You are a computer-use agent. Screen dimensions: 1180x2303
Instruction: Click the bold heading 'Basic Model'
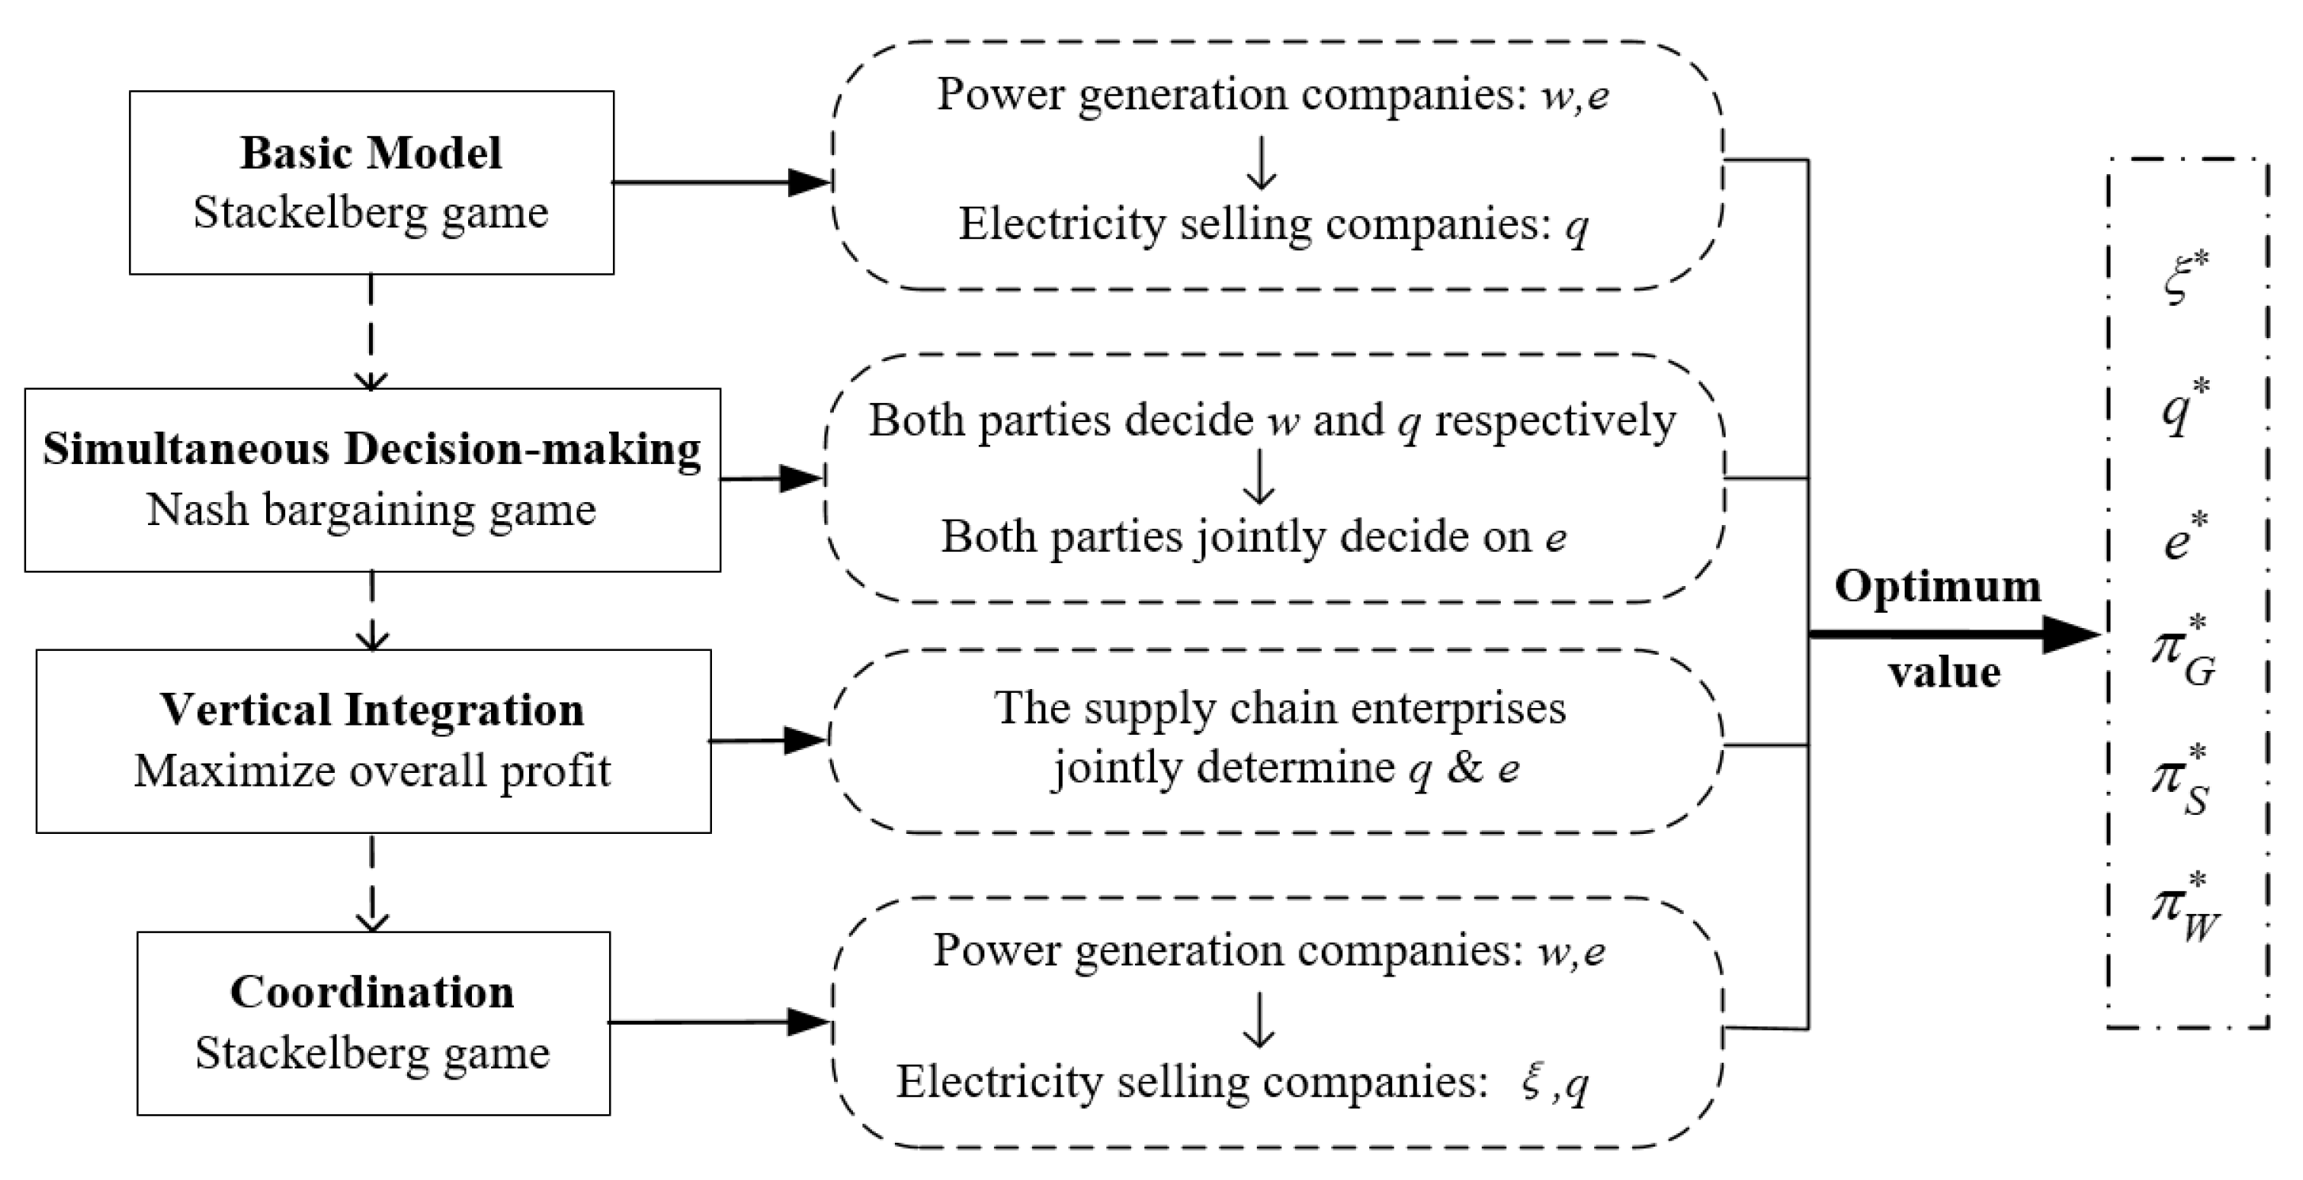[x=370, y=153]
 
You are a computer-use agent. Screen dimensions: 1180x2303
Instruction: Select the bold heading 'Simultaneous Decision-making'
[x=372, y=449]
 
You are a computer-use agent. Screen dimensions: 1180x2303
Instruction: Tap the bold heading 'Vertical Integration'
[x=372, y=710]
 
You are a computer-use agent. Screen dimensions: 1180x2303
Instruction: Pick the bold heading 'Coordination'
[x=372, y=992]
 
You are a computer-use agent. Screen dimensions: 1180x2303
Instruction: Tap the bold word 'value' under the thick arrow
[x=1944, y=672]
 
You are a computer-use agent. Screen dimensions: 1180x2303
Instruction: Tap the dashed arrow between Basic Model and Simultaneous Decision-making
[x=370, y=331]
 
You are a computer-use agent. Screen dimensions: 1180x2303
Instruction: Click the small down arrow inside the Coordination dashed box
[x=1258, y=1019]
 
